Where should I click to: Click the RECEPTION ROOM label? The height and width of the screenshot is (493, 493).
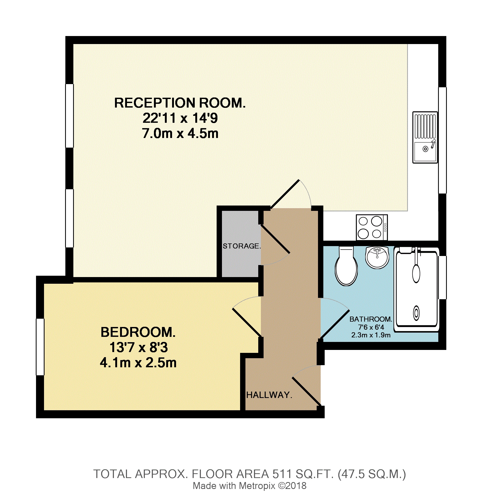[180, 103]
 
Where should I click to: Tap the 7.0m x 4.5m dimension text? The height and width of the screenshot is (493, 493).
[180, 133]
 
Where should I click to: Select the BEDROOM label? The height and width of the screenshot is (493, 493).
[138, 332]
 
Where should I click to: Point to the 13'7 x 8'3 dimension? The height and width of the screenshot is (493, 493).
[138, 348]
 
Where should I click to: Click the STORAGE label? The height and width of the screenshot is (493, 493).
[242, 246]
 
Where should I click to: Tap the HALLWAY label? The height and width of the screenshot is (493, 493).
[269, 395]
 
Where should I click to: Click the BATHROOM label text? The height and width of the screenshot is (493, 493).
[371, 319]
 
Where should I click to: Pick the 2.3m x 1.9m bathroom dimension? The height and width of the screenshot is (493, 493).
[371, 335]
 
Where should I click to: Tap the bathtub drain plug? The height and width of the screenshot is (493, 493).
[416, 313]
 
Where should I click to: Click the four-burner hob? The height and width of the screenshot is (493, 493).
[372, 228]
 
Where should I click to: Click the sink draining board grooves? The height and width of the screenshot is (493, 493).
[425, 126]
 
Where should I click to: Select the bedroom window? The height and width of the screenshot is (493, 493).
[40, 347]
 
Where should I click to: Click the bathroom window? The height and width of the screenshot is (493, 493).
[443, 278]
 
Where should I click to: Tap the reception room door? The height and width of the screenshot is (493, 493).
[285, 194]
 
